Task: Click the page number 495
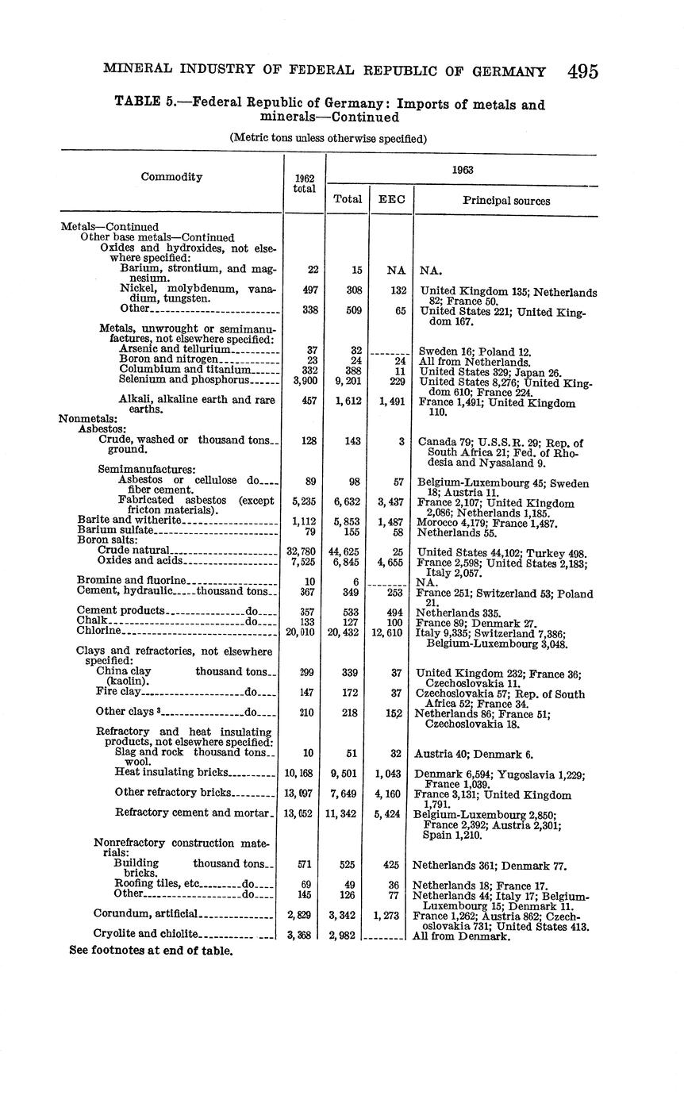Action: click(582, 71)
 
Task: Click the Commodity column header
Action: click(171, 177)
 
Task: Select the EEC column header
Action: click(391, 201)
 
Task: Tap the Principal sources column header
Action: click(506, 201)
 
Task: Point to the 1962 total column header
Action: click(304, 183)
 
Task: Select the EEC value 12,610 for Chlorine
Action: click(390, 632)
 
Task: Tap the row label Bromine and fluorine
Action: click(131, 580)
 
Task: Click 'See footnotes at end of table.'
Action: click(151, 951)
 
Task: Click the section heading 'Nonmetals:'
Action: click(88, 419)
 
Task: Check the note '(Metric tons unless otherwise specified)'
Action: click(329, 138)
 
